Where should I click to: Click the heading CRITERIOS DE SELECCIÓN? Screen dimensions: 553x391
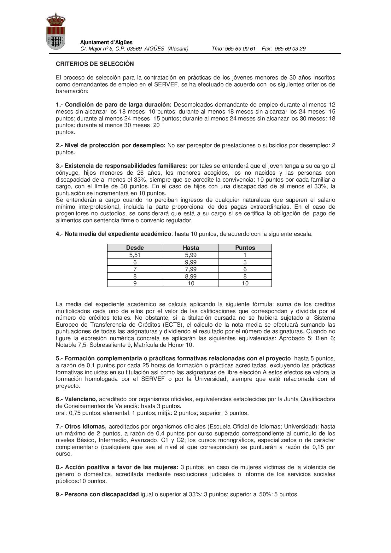[95, 64]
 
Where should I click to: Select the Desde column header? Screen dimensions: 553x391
[135, 248]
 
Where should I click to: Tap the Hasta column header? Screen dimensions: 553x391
[191, 248]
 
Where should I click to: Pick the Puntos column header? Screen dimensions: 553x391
[245, 248]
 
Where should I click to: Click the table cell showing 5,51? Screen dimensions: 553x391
[135, 255]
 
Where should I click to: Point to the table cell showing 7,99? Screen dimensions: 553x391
[191, 269]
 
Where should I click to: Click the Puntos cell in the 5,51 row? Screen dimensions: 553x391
[245, 255]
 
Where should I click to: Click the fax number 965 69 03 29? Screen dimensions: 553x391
[290, 49]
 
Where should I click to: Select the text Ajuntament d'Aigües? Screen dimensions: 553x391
[106, 42]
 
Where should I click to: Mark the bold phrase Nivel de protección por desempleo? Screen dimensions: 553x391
[115, 145]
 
